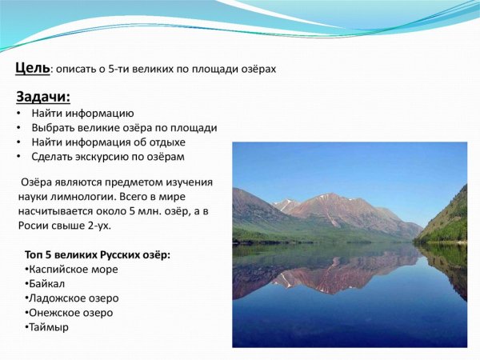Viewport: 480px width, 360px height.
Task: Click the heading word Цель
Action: tap(33, 68)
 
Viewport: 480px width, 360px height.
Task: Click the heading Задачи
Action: tap(43, 98)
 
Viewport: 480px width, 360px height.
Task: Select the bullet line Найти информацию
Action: tap(83, 114)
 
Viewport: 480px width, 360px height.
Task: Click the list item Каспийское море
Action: tap(74, 269)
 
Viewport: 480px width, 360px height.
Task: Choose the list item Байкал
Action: tap(47, 283)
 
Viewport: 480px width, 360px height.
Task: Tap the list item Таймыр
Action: tap(49, 326)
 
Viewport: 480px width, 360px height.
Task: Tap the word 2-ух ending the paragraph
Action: tap(97, 226)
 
